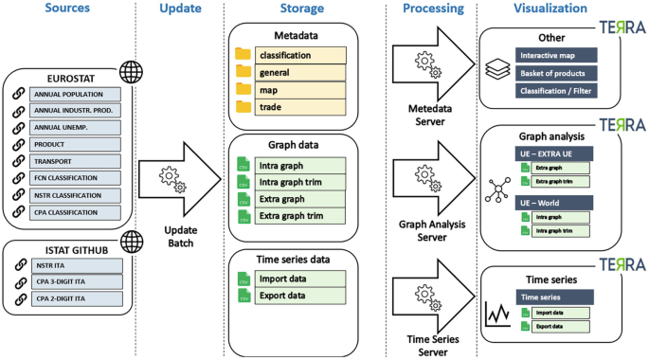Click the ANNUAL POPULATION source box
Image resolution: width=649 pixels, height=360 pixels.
click(75, 95)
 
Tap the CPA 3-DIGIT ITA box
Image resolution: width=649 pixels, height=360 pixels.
click(75, 280)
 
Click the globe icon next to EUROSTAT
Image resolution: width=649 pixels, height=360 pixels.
click(130, 72)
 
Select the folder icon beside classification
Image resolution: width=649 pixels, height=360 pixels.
click(243, 55)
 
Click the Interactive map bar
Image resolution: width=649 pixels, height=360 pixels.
click(551, 55)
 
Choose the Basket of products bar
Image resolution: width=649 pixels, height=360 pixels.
click(551, 73)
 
